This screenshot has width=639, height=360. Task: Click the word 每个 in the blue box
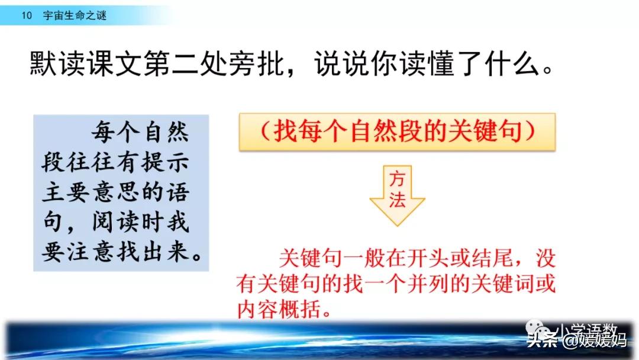pos(111,134)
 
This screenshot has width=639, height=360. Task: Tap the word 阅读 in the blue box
pos(111,223)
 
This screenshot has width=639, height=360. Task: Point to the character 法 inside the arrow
pos(397,202)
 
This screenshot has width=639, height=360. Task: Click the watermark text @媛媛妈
pos(593,340)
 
